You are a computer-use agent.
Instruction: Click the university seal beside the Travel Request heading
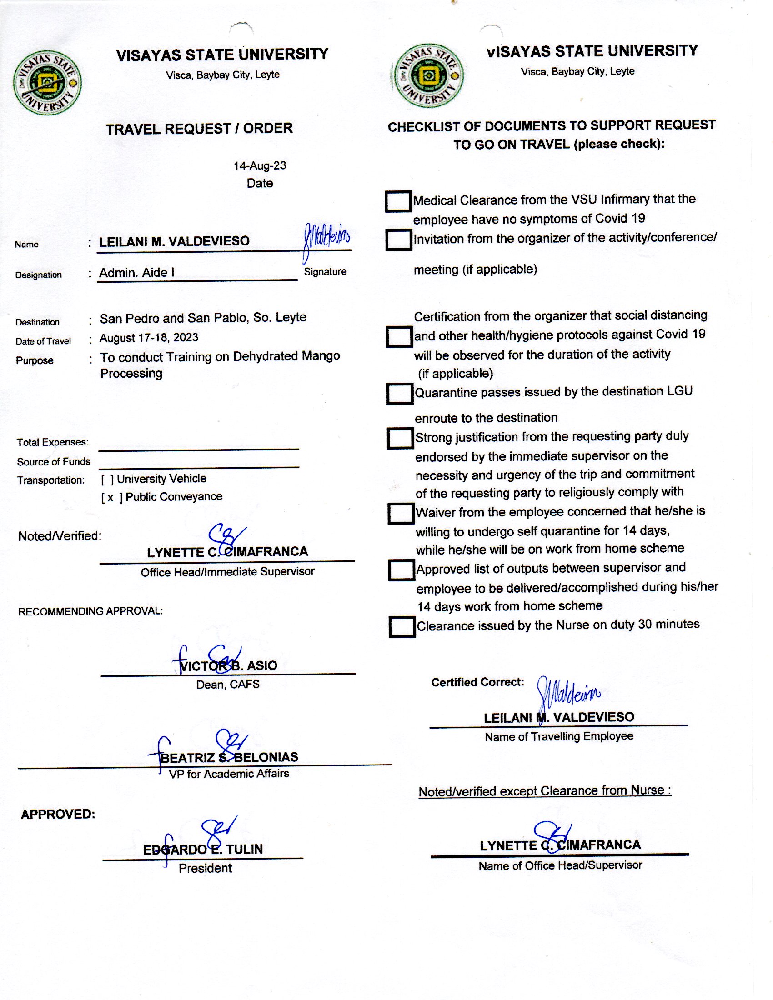tap(47, 83)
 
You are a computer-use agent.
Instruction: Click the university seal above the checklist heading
tap(429, 75)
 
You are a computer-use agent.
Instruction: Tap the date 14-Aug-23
tap(260, 166)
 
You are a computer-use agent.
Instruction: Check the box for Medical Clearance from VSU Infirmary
tap(397, 201)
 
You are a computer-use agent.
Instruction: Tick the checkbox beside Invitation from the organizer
tap(398, 240)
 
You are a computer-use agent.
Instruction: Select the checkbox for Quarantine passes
tap(399, 393)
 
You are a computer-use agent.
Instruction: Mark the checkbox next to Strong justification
tap(400, 438)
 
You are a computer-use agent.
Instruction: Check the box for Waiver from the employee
tap(401, 513)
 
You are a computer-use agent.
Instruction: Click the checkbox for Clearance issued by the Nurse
tap(402, 627)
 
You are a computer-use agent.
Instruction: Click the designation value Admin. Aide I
tap(136, 273)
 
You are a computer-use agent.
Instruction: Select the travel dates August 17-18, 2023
tap(149, 338)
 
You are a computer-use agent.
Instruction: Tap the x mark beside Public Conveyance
tap(110, 498)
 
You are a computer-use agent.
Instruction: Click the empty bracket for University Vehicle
tap(107, 480)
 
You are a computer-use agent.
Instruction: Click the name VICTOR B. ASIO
tap(228, 665)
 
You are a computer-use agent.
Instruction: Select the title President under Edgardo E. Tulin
tap(205, 868)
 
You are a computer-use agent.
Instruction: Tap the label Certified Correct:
tap(477, 682)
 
